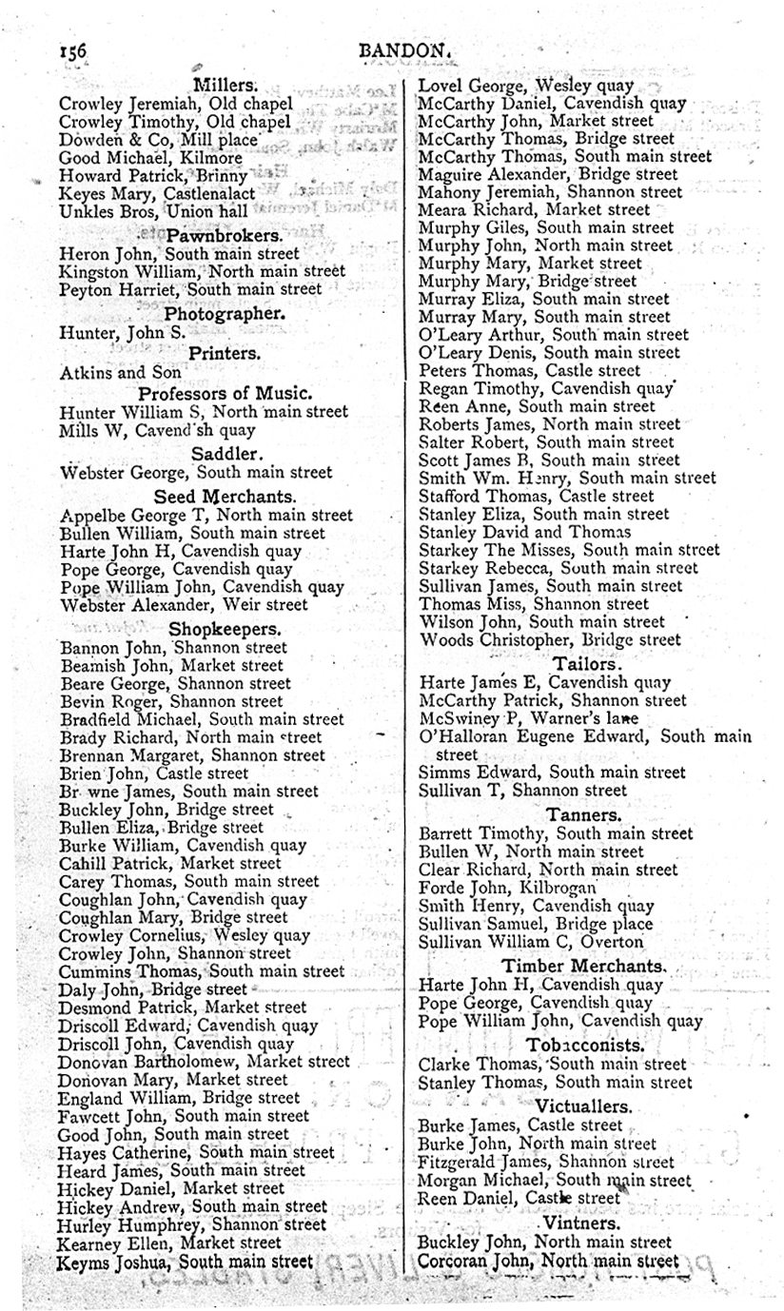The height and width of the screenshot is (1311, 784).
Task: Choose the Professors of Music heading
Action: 225,392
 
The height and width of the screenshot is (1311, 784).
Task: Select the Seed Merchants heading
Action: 225,496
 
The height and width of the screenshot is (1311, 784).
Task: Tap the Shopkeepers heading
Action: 225,629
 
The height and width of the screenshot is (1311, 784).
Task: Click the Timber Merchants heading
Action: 584,966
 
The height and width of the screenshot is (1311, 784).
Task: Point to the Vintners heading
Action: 581,1223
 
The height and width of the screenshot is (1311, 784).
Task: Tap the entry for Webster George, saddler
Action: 196,472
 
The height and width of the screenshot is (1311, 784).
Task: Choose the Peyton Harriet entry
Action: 190,288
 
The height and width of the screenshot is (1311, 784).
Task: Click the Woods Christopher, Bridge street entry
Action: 550,640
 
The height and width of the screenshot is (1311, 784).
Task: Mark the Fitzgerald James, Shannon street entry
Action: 545,1162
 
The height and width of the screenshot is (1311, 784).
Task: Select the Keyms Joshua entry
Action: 186,1262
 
